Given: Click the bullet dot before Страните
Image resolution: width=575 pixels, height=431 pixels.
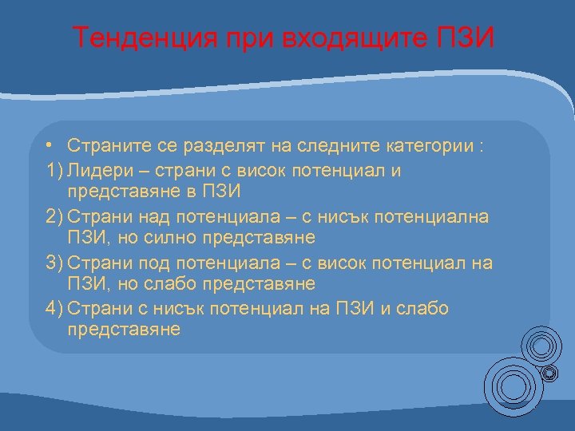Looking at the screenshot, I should [x=50, y=147].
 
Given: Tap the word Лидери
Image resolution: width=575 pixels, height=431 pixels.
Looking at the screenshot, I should [x=96, y=170].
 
